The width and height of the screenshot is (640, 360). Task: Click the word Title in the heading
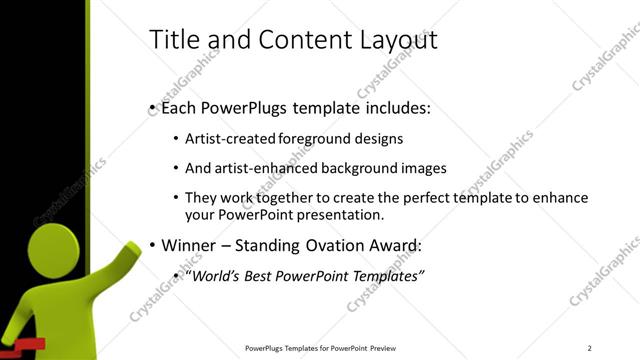coord(171,40)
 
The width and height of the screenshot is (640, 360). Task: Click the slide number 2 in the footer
coord(590,348)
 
